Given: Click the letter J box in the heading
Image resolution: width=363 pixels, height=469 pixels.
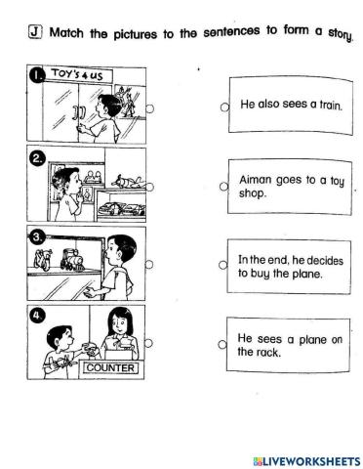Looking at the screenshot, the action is point(35,32).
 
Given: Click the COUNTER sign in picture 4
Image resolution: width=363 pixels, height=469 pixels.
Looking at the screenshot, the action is point(110,368).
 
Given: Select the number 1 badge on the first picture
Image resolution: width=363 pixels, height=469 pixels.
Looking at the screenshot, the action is point(36,75).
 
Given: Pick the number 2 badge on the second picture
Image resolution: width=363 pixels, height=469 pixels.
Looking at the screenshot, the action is point(37,157).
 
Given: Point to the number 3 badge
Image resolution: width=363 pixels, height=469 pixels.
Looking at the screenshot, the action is point(36,237).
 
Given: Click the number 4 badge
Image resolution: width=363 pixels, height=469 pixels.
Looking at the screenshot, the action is point(37,316).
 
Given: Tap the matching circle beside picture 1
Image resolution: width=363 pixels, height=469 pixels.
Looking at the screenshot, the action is point(149,108).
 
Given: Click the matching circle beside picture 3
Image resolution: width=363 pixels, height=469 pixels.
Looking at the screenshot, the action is point(149,264).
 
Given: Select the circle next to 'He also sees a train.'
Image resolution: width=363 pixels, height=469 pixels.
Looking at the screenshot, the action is point(224,107).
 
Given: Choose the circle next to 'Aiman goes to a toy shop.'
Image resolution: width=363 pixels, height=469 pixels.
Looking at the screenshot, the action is point(223,187).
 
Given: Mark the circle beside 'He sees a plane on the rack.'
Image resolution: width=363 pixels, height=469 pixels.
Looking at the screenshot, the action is point(222,344).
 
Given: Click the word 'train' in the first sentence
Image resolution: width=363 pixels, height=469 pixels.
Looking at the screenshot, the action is point(331,106).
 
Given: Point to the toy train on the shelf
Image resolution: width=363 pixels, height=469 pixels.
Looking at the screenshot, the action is point(73,260).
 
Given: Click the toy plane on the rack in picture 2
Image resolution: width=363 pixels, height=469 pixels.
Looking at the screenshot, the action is point(129,182).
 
